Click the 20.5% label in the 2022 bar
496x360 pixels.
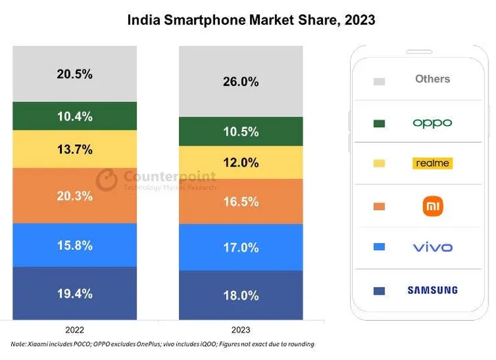click(74, 74)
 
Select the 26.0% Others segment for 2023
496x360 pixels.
click(240, 81)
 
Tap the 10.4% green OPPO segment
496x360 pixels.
click(74, 116)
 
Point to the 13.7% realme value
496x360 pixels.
click(74, 149)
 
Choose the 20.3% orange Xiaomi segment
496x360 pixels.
click(74, 195)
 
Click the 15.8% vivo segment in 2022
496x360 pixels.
click(74, 245)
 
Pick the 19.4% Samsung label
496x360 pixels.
click(74, 294)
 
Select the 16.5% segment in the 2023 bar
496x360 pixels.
click(240, 202)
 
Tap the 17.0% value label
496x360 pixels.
click(240, 248)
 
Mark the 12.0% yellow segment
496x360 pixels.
click(240, 162)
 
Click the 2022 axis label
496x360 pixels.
click(74, 330)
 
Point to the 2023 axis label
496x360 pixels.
click(240, 330)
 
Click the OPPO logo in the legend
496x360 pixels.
click(433, 123)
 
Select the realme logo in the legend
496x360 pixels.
click(433, 163)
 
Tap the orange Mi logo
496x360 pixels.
click(433, 207)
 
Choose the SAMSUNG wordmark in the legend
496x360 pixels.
click(433, 290)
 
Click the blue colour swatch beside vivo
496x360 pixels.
click(380, 247)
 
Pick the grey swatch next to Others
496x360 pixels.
click(380, 81)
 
